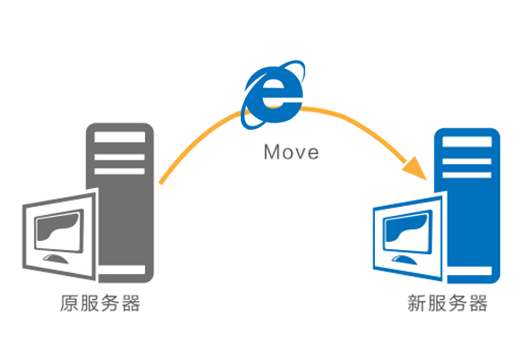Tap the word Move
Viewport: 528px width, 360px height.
click(x=291, y=152)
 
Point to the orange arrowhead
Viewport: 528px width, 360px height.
click(x=416, y=168)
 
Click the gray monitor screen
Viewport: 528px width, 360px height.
click(x=60, y=229)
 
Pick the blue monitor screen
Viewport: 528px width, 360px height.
click(x=408, y=230)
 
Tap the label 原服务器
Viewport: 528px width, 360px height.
click(x=100, y=303)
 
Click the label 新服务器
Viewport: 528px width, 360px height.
click(x=447, y=303)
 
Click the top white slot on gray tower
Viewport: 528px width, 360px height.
click(x=120, y=137)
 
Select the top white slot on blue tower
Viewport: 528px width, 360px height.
click(x=467, y=141)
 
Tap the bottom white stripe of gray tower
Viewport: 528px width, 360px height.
click(x=122, y=270)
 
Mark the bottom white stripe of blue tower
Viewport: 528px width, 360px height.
click(x=470, y=271)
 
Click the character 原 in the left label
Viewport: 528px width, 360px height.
click(x=70, y=303)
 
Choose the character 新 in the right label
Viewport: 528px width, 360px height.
click(x=417, y=303)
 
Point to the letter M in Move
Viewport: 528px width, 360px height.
click(x=271, y=152)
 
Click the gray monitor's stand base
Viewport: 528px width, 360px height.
click(x=55, y=259)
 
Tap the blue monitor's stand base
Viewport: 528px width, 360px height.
click(x=405, y=260)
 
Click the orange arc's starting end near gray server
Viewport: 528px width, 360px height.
click(x=160, y=183)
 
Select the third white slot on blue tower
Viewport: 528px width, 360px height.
click(x=467, y=175)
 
